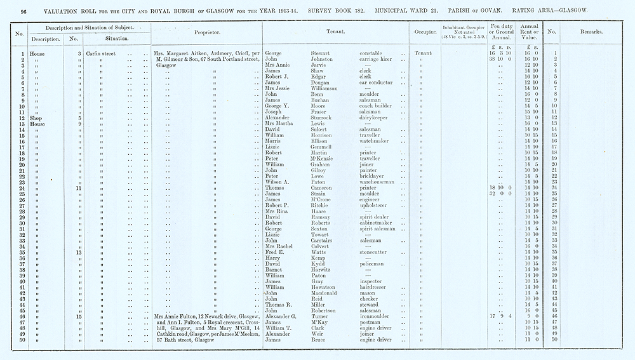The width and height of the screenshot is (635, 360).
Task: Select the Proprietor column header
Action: tap(207, 31)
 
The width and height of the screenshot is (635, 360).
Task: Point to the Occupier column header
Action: tap(422, 31)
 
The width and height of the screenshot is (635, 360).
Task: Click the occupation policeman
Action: tap(373, 263)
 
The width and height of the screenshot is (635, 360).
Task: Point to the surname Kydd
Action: tap(318, 263)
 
